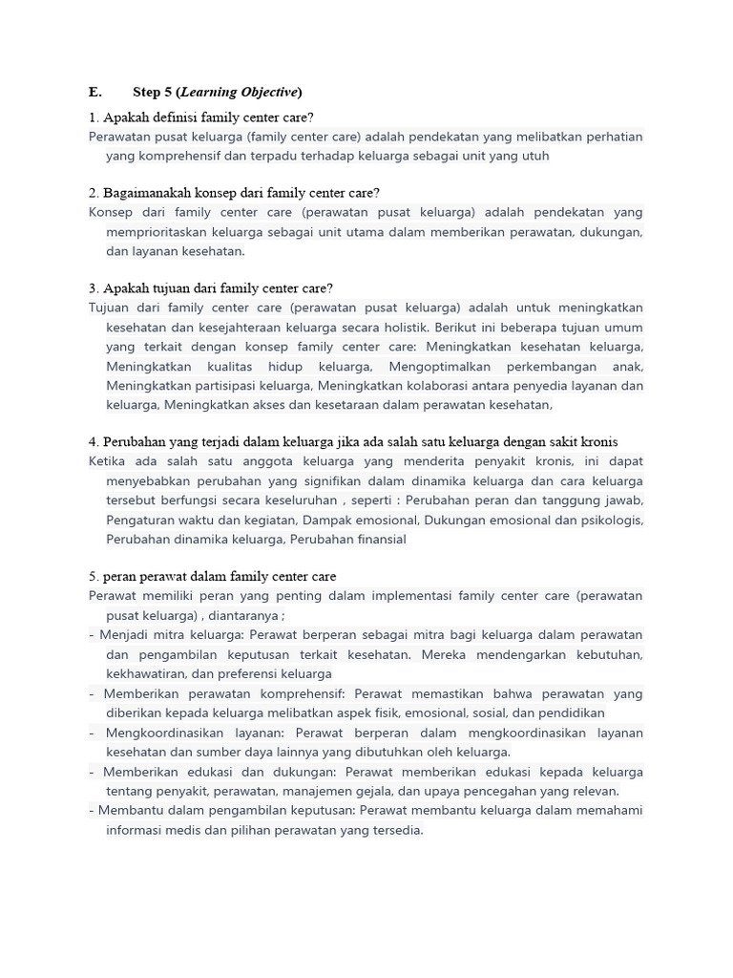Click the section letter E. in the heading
(94, 93)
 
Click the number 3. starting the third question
(94, 288)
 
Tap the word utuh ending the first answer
(533, 157)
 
